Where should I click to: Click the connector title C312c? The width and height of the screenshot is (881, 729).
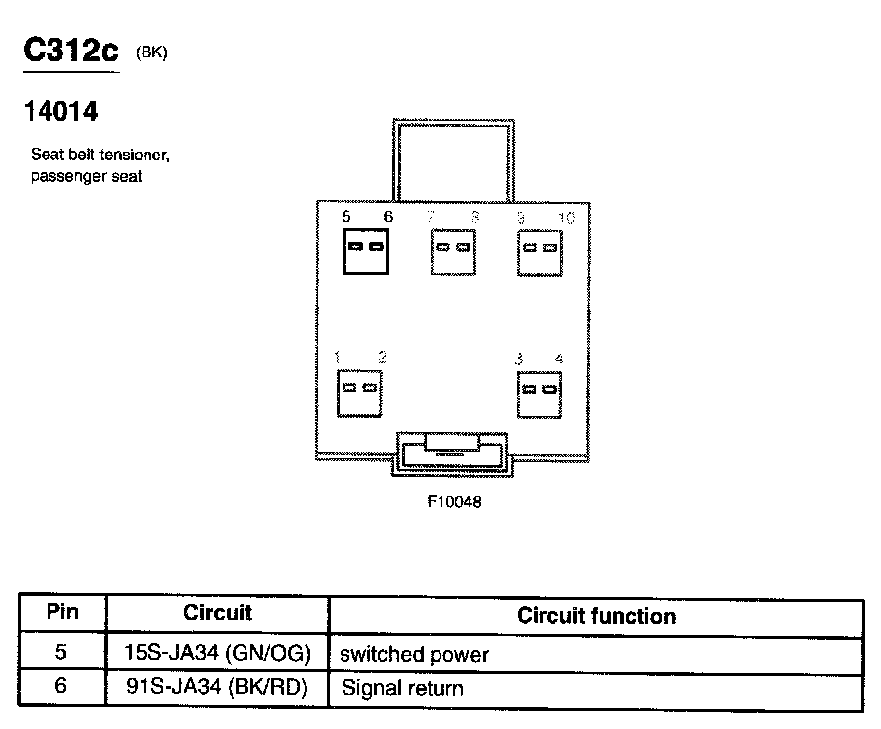pyautogui.click(x=69, y=52)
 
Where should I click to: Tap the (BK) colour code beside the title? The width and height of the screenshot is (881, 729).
pyautogui.click(x=152, y=53)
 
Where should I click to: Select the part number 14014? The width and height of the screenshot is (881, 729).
pyautogui.click(x=60, y=113)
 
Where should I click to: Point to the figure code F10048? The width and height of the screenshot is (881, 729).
pyautogui.click(x=454, y=502)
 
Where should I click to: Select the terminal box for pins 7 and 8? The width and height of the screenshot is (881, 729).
pyautogui.click(x=453, y=250)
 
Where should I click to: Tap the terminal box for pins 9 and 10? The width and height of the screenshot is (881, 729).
pyautogui.click(x=539, y=250)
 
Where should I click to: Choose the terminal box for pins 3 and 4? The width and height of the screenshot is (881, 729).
pyautogui.click(x=539, y=393)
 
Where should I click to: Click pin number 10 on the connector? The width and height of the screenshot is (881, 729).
pyautogui.click(x=565, y=218)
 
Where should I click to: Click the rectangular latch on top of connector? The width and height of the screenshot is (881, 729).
pyautogui.click(x=452, y=159)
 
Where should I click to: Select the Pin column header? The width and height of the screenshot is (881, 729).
pyautogui.click(x=62, y=612)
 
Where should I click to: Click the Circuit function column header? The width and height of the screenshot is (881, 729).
pyautogui.click(x=596, y=616)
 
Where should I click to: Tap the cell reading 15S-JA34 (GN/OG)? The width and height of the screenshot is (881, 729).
pyautogui.click(x=218, y=654)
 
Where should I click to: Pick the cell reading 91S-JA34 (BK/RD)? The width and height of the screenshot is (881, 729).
pyautogui.click(x=218, y=687)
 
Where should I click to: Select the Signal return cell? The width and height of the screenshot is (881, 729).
pyautogui.click(x=402, y=688)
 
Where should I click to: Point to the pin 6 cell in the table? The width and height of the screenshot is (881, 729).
pyautogui.click(x=62, y=687)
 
